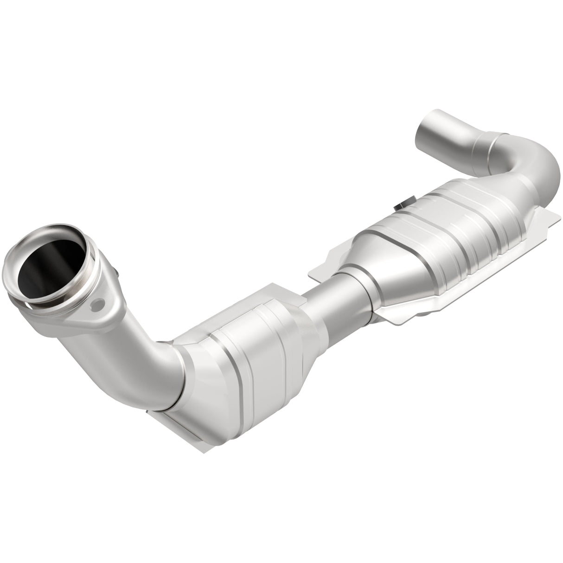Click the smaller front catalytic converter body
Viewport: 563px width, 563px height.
(x=246, y=352)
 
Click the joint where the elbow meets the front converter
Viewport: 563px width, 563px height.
(x=183, y=371)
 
